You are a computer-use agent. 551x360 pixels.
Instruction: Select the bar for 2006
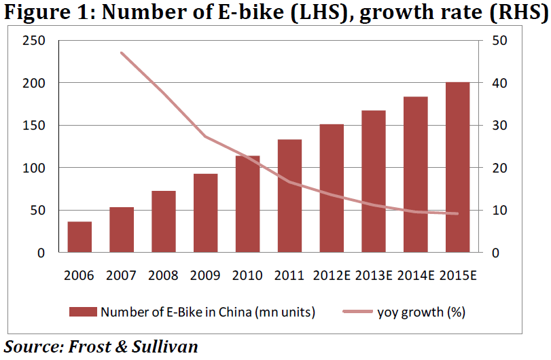coord(79,237)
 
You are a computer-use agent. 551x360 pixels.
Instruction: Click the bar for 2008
coord(164,221)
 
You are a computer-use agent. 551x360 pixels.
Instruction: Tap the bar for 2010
coord(248,204)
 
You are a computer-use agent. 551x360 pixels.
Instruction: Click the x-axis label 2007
coord(122,275)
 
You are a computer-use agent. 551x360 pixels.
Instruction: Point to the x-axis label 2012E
coord(332,275)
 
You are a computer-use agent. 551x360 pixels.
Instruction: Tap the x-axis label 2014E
coord(416,275)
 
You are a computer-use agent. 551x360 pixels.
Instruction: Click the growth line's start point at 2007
coord(122,52)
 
